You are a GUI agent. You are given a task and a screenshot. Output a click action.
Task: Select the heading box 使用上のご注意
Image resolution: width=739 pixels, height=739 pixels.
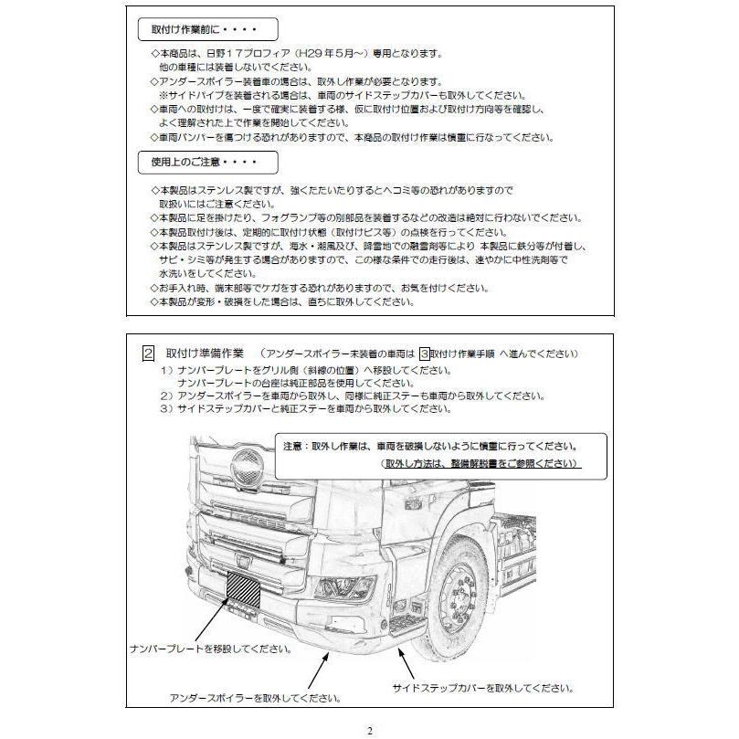[x=200, y=163]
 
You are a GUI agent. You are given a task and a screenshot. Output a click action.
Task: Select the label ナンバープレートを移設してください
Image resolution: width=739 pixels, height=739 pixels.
[x=211, y=649]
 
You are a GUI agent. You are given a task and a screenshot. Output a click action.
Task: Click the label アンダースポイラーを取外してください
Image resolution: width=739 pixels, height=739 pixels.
[x=256, y=698]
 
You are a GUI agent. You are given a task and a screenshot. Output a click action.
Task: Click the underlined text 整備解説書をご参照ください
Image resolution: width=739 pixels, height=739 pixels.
[x=480, y=464]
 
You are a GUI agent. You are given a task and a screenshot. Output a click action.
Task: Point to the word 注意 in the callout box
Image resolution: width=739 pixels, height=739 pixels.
[x=294, y=447]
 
